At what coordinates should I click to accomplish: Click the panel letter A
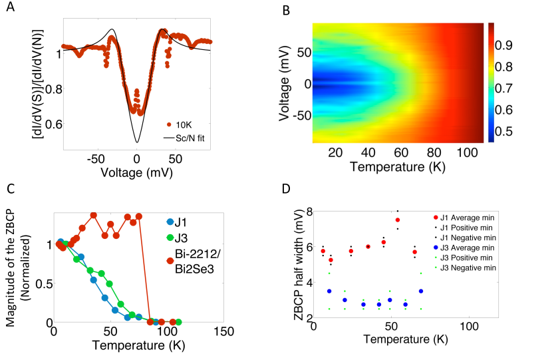pyautogui.click(x=9, y=9)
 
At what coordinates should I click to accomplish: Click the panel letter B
pyautogui.click(x=287, y=9)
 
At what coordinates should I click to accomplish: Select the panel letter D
pyautogui.click(x=287, y=188)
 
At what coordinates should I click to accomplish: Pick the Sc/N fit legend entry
pyautogui.click(x=194, y=138)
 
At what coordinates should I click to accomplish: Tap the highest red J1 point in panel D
pyautogui.click(x=398, y=220)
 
